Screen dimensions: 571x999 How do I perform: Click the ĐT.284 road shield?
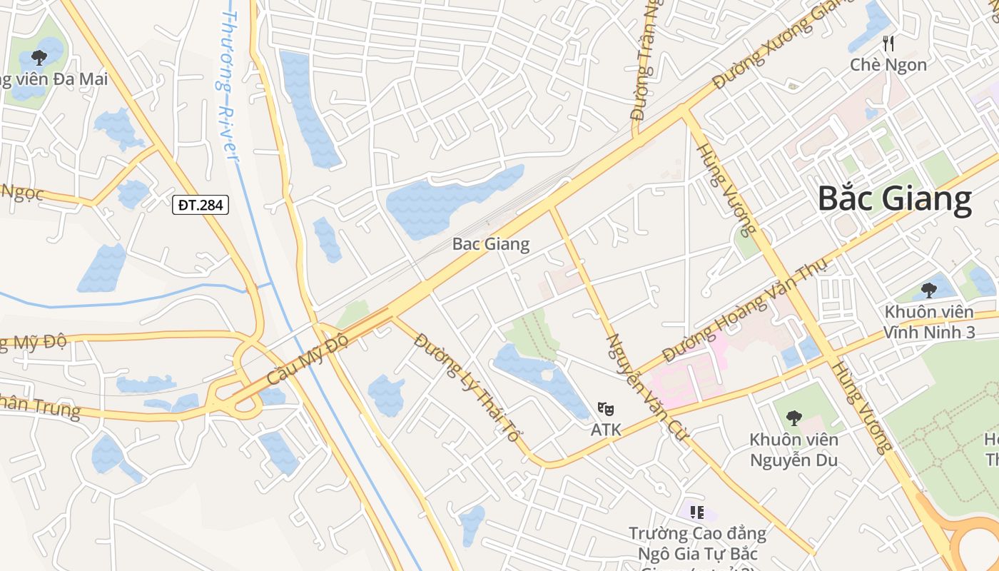click(x=201, y=206)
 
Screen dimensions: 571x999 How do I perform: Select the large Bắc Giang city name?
click(x=894, y=198)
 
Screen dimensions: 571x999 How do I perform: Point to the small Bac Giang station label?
click(x=491, y=244)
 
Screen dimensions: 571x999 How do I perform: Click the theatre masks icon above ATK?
click(x=606, y=409)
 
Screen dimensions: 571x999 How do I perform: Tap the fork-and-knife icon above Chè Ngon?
click(x=888, y=44)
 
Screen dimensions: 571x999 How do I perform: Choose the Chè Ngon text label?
click(x=888, y=65)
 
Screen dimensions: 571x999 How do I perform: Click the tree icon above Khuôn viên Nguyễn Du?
click(x=793, y=418)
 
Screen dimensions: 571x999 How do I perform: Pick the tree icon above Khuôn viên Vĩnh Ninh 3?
click(x=928, y=290)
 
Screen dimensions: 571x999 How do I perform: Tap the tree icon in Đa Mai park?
click(x=39, y=57)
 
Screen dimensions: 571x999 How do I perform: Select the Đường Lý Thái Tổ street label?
click(x=467, y=386)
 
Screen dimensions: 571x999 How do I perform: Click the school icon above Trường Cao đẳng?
click(x=697, y=512)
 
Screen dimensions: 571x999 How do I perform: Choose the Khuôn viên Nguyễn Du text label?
click(x=793, y=450)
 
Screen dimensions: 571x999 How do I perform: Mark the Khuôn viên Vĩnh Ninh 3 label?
click(x=928, y=322)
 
